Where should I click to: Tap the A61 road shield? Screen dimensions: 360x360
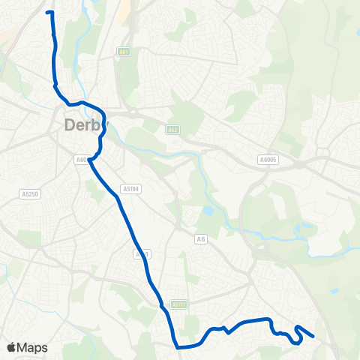pos(123,52)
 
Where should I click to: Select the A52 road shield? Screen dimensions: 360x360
pos(173,130)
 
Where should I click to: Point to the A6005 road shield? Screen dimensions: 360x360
pos(267,159)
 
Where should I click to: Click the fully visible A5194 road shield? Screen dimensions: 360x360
pos(130,189)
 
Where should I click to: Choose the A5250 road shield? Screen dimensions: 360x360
pos(29,193)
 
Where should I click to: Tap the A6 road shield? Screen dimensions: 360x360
pos(200,238)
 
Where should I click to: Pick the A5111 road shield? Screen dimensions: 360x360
pos(178,304)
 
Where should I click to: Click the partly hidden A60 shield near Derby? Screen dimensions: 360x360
pos(82,159)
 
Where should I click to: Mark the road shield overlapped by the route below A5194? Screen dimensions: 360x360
pos(142,255)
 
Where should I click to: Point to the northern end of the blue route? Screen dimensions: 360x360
pos(49,13)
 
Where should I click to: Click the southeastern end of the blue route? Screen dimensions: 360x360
pos(312,337)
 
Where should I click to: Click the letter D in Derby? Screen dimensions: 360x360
pos(70,125)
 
